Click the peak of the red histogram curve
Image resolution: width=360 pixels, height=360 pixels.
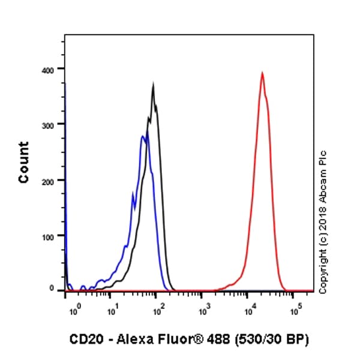click(x=262, y=73)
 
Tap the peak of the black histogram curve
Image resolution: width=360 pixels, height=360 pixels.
click(x=154, y=85)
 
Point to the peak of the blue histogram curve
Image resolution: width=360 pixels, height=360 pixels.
click(x=143, y=137)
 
